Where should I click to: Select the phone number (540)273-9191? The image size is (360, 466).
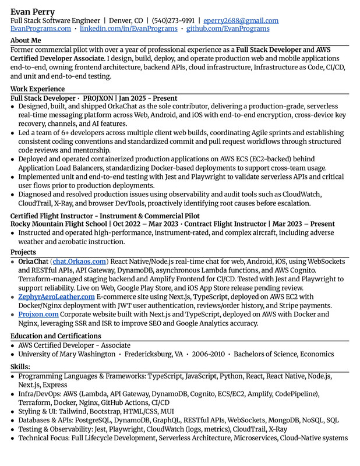[x=172, y=20]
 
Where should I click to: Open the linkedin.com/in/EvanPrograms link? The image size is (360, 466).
[x=128, y=29]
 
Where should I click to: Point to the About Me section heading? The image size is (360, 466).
[x=26, y=40]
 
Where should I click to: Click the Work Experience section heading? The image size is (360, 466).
[x=37, y=89]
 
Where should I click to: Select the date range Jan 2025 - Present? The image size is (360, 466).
[x=148, y=98]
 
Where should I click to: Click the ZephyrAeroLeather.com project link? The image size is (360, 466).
[x=57, y=296]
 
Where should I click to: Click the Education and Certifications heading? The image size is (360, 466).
[x=56, y=336]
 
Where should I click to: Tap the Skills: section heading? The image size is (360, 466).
[x=20, y=366]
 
